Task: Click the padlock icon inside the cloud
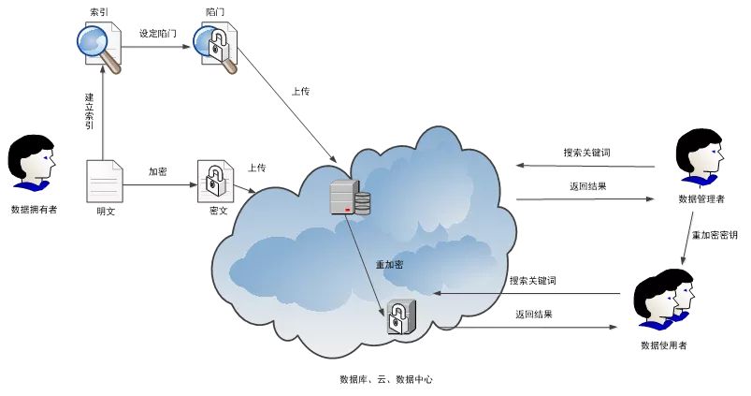[x=400, y=317]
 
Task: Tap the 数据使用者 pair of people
[x=663, y=301]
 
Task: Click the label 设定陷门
[x=157, y=33]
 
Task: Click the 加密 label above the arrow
[x=158, y=172]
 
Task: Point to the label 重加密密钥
[x=715, y=235]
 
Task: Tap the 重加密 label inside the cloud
[x=389, y=265]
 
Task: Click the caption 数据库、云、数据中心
[x=386, y=380]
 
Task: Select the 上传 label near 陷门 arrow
[x=300, y=92]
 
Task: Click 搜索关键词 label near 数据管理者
[x=586, y=152]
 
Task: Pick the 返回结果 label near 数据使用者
[x=533, y=315]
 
